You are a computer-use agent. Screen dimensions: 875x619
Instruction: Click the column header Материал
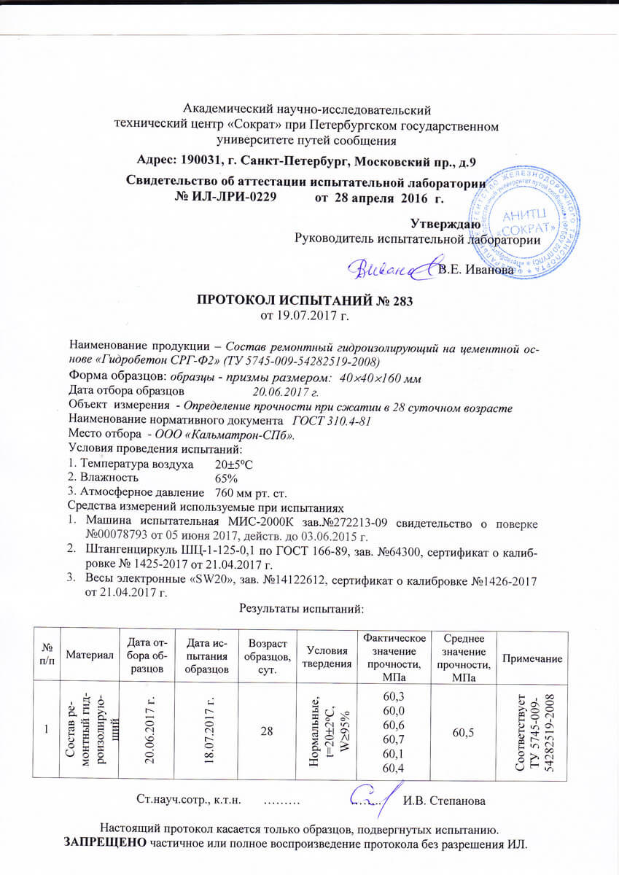90,658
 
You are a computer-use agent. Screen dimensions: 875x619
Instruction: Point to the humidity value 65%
227,478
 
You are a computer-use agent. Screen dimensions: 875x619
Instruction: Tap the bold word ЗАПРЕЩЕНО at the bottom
106,844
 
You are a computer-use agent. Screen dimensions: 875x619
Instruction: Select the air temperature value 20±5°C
238,464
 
